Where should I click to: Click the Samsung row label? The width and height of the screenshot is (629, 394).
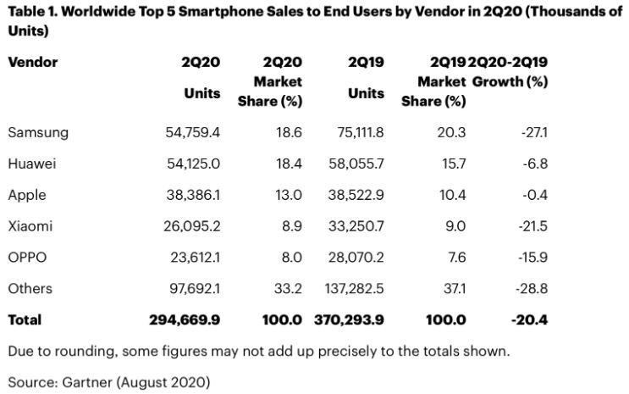(x=37, y=132)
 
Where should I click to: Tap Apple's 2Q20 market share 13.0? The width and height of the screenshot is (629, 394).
(x=287, y=195)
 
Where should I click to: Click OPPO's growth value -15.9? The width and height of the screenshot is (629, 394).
(x=530, y=258)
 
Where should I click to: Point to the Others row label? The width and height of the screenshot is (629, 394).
(x=30, y=289)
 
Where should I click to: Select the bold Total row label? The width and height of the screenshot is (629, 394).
(x=25, y=320)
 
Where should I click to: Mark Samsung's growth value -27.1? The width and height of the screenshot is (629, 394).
(x=531, y=132)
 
